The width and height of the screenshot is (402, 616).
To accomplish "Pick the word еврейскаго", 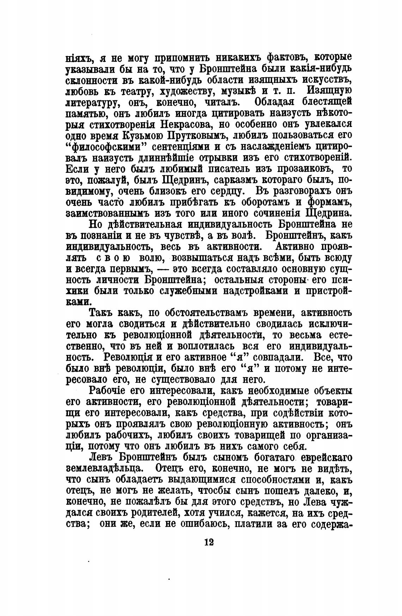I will click(327, 457).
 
